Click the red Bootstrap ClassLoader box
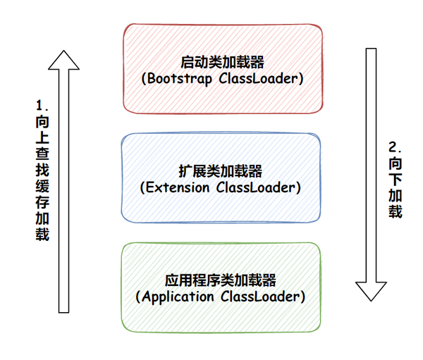[223, 68]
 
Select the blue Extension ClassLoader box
[221, 178]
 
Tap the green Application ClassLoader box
[221, 287]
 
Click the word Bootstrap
[180, 79]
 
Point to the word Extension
[178, 187]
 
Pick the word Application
[178, 297]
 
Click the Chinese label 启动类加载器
[222, 62]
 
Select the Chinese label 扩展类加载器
[221, 171]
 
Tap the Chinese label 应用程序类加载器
[221, 280]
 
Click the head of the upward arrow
[63, 61]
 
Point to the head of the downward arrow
[371, 291]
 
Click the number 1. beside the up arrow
[42, 106]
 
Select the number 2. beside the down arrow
[396, 147]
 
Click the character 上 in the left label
[42, 137]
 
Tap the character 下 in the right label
[396, 179]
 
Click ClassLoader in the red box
[258, 79]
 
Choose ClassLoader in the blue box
[255, 187]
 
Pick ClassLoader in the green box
[260, 297]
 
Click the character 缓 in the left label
[42, 186]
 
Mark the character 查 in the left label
[42, 154]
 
